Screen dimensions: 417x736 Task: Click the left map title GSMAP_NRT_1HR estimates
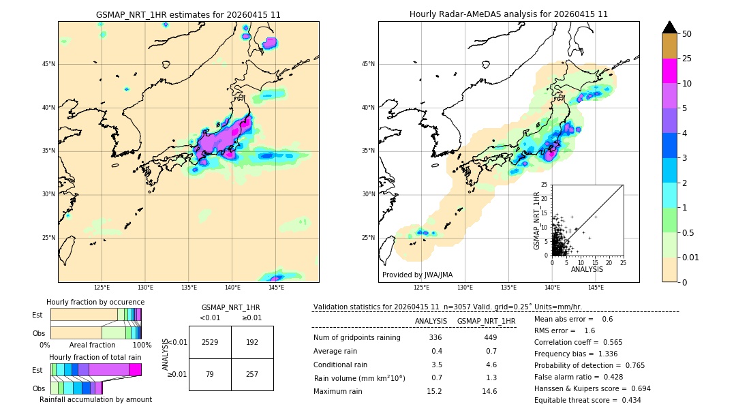[188, 14]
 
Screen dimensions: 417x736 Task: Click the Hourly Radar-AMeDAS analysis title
[508, 14]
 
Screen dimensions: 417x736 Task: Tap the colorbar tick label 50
[687, 33]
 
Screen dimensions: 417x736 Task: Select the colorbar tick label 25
[687, 59]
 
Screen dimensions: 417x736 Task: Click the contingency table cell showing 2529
[210, 342]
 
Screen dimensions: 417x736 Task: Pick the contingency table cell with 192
[252, 342]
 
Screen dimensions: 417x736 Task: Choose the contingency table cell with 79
[210, 375]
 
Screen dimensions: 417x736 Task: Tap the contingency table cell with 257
[252, 375]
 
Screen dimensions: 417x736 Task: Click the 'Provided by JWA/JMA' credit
[417, 275]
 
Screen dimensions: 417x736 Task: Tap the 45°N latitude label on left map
[48, 64]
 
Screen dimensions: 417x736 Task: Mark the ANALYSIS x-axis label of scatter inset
[587, 269]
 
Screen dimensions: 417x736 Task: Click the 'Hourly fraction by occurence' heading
[95, 302]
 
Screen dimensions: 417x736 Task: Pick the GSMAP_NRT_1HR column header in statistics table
[486, 321]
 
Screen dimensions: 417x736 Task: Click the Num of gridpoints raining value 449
[489, 338]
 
